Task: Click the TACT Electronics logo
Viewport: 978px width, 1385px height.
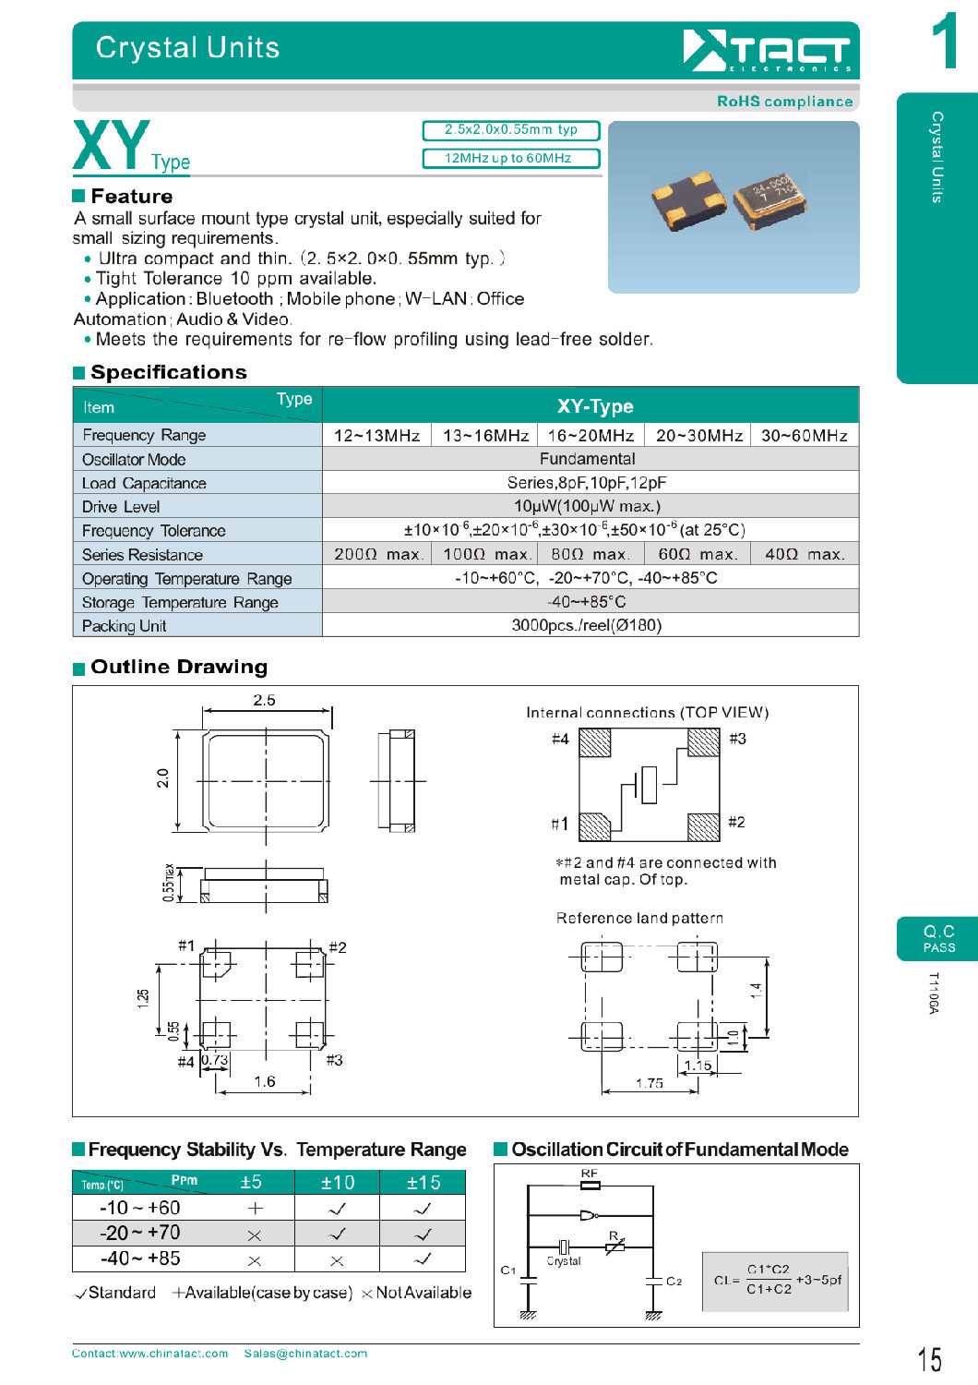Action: (767, 50)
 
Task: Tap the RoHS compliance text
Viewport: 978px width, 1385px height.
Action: (784, 102)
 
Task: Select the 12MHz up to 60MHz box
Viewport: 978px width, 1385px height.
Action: (511, 159)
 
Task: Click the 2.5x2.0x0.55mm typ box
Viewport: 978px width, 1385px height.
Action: (511, 130)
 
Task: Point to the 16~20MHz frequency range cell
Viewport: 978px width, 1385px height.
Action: (590, 436)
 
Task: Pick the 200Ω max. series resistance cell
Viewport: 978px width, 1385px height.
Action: (377, 554)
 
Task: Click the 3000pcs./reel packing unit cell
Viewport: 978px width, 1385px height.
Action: (587, 625)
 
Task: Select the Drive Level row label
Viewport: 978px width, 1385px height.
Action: (121, 507)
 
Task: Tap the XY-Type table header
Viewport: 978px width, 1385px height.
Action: (594, 406)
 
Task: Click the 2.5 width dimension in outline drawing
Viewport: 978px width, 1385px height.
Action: (264, 700)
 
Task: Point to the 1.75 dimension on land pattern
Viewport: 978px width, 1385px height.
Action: (649, 1083)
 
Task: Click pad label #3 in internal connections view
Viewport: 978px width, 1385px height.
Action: (737, 739)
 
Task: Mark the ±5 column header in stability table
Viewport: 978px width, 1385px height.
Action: (251, 1183)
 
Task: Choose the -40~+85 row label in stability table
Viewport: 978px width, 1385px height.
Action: (140, 1259)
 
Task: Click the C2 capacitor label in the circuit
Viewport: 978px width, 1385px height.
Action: (674, 1282)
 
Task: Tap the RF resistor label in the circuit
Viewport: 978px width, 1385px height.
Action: (590, 1174)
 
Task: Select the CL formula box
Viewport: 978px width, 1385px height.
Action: (777, 1281)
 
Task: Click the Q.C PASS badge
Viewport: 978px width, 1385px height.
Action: (938, 939)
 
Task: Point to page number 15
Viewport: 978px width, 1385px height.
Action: (930, 1359)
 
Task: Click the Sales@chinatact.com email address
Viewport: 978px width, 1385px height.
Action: (305, 1354)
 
